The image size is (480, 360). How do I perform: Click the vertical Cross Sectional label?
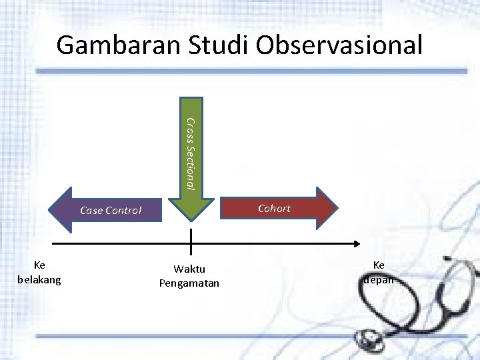(190, 153)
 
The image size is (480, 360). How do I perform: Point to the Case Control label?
(111, 211)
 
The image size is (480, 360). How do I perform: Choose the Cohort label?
(275, 208)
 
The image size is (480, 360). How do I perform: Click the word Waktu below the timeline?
(190, 269)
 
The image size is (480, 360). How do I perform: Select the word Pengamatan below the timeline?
(190, 283)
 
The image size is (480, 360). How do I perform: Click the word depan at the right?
(379, 279)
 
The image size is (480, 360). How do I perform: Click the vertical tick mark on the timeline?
(191, 241)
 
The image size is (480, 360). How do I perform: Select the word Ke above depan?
(379, 265)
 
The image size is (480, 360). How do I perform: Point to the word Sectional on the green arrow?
(190, 167)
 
